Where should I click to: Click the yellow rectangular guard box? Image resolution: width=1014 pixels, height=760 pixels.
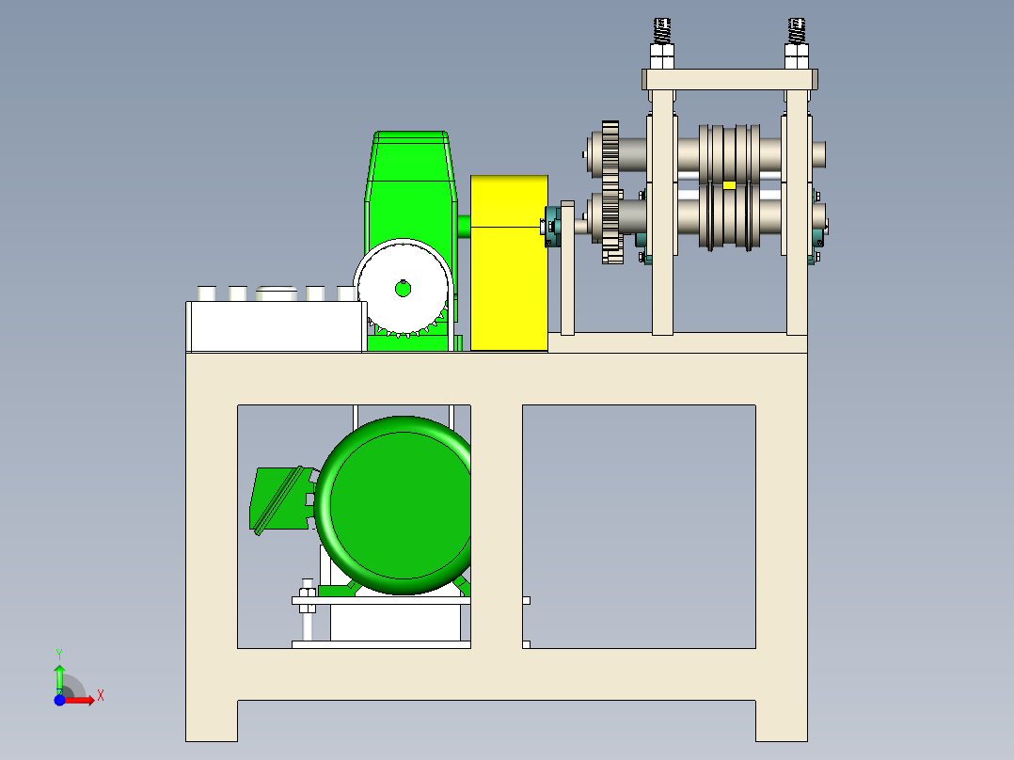(509, 262)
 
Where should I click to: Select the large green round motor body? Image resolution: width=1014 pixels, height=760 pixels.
(394, 505)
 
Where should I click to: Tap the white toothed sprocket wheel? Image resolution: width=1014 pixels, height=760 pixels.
(403, 288)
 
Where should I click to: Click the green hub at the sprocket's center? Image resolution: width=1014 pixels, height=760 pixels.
(403, 289)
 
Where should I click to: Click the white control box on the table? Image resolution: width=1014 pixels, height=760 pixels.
(277, 326)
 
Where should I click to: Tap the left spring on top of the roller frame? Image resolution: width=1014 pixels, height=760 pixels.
(661, 31)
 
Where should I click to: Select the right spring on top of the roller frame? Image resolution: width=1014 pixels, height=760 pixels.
(796, 31)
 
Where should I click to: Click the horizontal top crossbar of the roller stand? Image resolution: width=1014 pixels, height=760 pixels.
(730, 80)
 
